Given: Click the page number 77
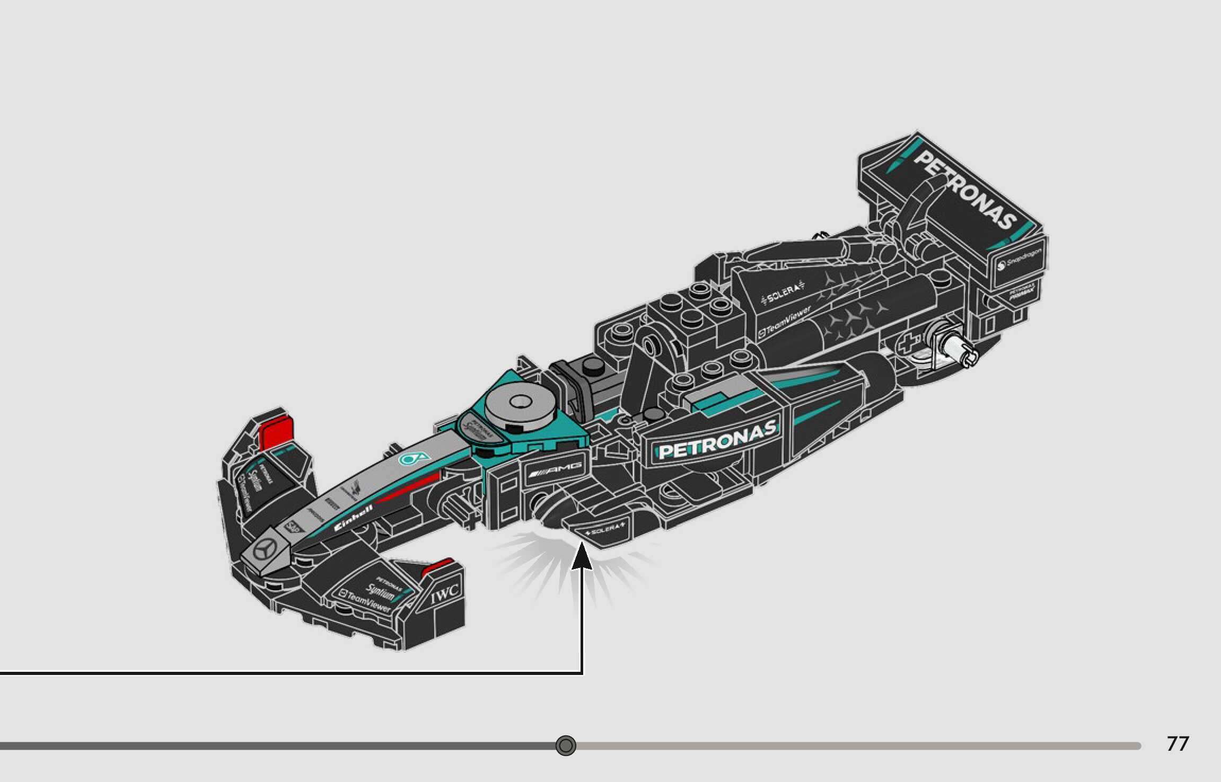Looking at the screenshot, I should click(x=1178, y=744).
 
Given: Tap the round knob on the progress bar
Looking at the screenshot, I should click(x=566, y=745).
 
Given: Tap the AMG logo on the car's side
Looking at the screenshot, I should click(x=555, y=469).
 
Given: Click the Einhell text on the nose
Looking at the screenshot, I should click(x=354, y=518).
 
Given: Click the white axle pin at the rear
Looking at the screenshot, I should click(x=960, y=350).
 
